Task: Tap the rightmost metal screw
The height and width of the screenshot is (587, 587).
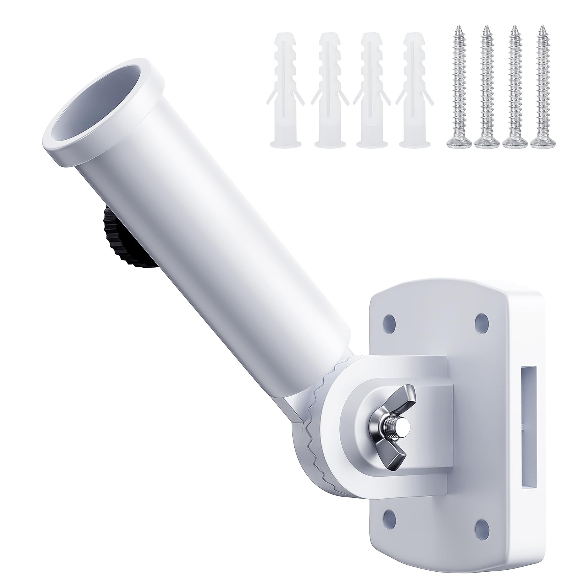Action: (x=542, y=86)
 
